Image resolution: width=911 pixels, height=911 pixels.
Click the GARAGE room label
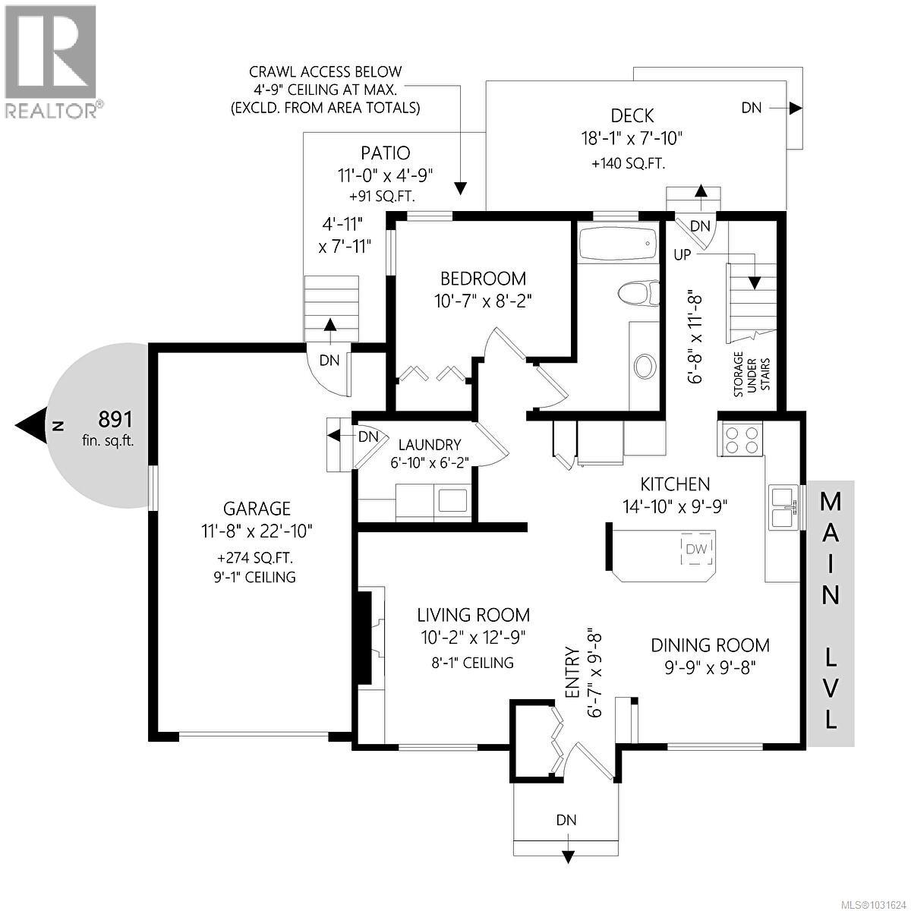257,509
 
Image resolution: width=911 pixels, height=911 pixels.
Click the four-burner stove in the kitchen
740,438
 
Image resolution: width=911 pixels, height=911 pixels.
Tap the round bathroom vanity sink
645,366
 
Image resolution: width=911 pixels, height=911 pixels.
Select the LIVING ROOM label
473,615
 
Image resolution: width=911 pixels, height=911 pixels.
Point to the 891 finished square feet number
116,419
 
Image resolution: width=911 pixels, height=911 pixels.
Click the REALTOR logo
51,61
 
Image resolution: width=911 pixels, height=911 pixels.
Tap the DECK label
632,115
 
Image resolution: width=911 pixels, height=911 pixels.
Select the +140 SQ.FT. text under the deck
628,164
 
